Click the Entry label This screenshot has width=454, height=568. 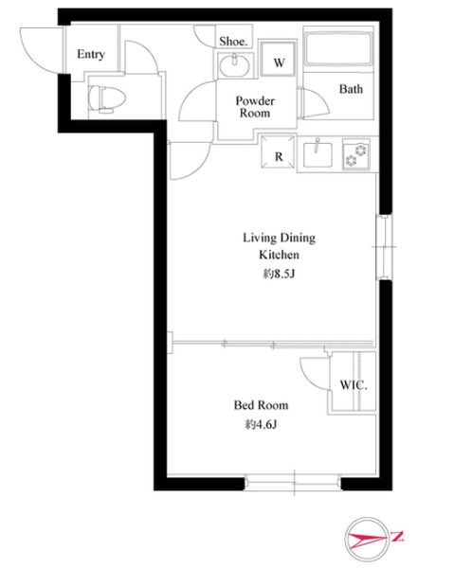pos(91,54)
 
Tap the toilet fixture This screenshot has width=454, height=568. pos(106,98)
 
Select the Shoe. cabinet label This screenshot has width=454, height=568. pos(233,42)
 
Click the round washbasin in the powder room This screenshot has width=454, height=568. pos(234,65)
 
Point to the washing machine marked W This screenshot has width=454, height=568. pos(278,59)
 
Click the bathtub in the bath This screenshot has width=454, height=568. pos(338,49)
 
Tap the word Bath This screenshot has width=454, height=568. pos(351,89)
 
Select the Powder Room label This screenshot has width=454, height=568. pos(255,106)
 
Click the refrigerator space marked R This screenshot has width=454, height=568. pos(278,151)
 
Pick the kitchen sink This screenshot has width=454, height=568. pos(318,154)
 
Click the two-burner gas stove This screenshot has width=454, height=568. pos(356,154)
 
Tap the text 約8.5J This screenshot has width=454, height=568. pos(279,274)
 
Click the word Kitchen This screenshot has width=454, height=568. pos(279,255)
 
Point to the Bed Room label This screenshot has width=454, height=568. pos(261,404)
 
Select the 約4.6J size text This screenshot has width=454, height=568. pos(261,424)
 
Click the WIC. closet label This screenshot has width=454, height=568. pos(354,385)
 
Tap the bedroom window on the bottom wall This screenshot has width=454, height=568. pos(293,483)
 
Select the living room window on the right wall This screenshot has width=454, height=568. pos(384,247)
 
